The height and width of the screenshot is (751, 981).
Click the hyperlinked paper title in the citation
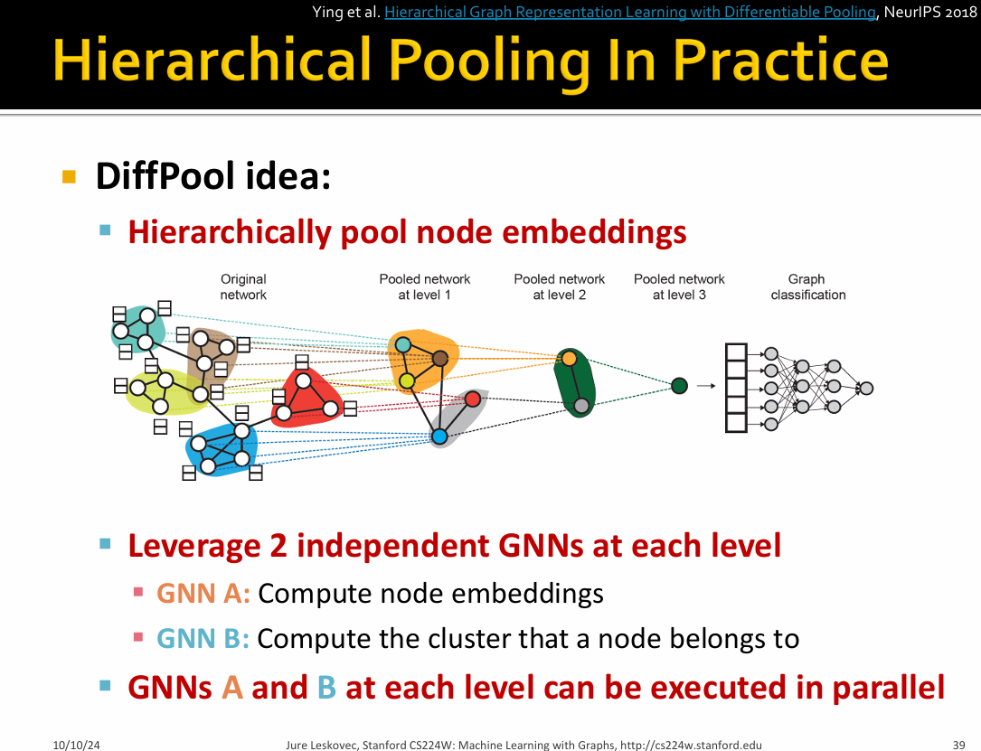[630, 12]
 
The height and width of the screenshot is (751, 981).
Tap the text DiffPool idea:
[212, 175]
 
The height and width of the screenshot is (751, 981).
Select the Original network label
[243, 287]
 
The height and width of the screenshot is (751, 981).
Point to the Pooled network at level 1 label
[425, 287]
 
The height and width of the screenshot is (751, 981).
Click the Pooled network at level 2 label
[560, 287]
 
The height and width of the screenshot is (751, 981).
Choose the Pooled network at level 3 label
[679, 287]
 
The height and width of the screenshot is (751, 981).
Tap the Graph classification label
[807, 287]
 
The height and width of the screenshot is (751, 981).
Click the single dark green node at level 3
[679, 386]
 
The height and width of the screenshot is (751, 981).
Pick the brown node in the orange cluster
[440, 358]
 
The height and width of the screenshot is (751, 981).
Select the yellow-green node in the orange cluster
[407, 380]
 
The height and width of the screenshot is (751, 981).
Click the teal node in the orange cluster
[403, 344]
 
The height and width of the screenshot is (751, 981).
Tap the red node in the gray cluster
[473, 399]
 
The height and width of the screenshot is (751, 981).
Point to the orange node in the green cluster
[569, 358]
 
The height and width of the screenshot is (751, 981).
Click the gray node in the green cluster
[581, 406]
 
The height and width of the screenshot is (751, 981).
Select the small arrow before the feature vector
[706, 386]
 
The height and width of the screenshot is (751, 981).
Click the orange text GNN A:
[203, 593]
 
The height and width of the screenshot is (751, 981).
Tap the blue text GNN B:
[203, 638]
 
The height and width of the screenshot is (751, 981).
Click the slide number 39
[958, 745]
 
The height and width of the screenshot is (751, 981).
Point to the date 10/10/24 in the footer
[76, 745]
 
